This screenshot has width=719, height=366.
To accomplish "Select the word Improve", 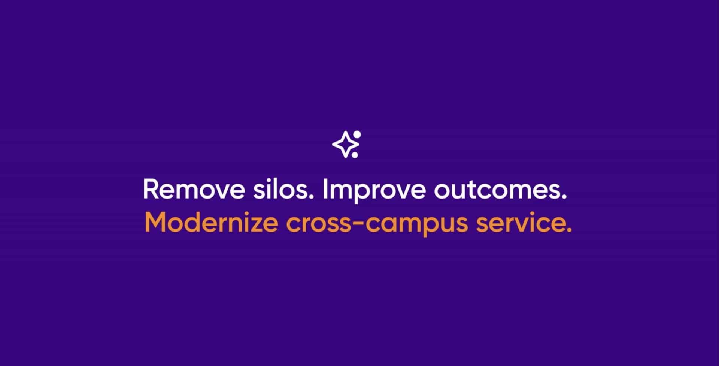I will pos(374,190).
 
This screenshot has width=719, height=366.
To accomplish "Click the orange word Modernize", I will pos(211,223).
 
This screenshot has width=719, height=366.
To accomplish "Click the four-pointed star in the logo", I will pos(344,145).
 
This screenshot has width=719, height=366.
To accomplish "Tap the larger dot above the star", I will pos(357,134).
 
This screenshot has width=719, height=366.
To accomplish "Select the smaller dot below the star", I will pos(355,155).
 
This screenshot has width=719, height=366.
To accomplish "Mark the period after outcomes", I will pos(564,197).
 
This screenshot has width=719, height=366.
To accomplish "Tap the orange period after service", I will pos(569,229).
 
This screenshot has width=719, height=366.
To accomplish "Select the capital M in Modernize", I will pos(155,223).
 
